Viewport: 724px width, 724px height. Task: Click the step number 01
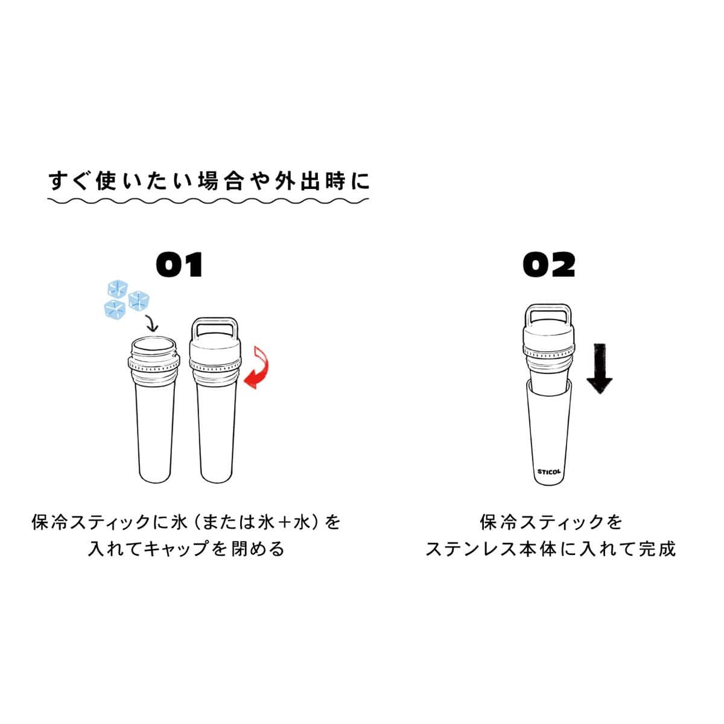point(179,264)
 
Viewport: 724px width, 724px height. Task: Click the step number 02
point(549,264)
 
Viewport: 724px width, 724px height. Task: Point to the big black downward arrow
point(600,368)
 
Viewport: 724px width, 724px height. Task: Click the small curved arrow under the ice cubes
point(153,324)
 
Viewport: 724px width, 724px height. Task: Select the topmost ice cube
point(118,288)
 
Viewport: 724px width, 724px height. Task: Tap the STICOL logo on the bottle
point(549,472)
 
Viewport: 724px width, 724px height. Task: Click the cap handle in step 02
point(548,313)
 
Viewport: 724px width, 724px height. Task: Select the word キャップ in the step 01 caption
point(176,549)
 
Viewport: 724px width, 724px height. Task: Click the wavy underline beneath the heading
point(208,201)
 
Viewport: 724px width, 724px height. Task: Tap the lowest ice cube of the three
point(115,310)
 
